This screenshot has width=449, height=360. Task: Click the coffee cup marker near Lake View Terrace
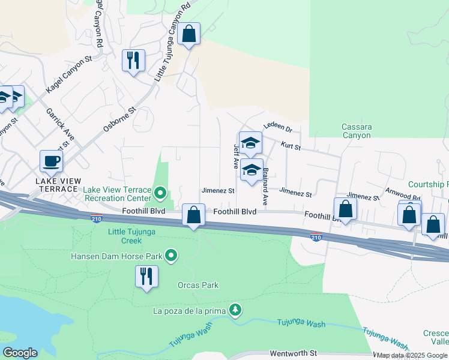(52, 161)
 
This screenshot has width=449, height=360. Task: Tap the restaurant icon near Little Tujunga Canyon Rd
(133, 60)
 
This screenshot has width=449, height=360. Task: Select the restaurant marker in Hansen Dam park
(146, 277)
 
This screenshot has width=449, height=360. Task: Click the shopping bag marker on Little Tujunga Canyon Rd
(189, 34)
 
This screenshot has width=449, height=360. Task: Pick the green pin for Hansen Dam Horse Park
(171, 256)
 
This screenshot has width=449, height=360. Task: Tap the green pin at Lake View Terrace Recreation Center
(160, 193)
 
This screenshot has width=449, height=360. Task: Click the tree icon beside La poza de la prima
(237, 310)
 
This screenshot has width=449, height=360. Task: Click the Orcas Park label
(198, 286)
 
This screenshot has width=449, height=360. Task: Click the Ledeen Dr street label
(277, 129)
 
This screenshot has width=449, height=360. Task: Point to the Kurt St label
(289, 146)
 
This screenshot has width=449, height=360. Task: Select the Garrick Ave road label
(61, 126)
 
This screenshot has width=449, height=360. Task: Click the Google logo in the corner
(20, 353)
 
